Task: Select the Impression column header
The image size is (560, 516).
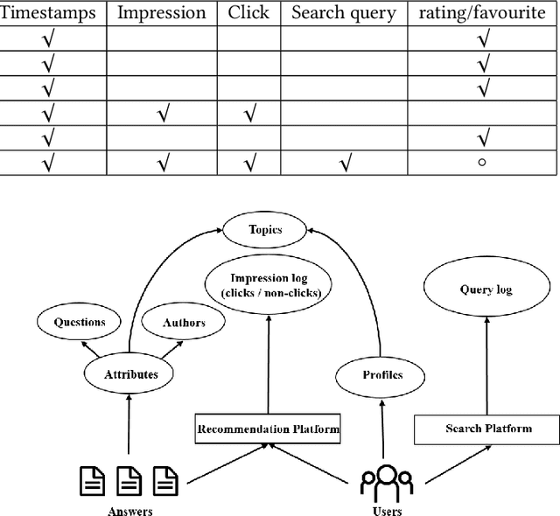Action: click(x=161, y=13)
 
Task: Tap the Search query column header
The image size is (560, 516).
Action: click(x=344, y=13)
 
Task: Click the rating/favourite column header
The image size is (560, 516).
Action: click(x=482, y=13)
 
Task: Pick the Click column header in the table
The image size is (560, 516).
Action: click(x=248, y=13)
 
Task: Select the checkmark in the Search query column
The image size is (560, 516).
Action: click(x=344, y=163)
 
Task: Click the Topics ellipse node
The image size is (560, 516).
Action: click(x=264, y=230)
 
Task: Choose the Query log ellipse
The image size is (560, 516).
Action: click(x=486, y=289)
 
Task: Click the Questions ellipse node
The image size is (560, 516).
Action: click(x=80, y=322)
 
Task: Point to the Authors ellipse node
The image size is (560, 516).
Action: click(x=184, y=322)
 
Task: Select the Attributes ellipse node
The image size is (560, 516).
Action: click(x=131, y=374)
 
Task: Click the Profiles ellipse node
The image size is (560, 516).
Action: click(x=381, y=374)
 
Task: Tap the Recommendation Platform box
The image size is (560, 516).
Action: click(x=267, y=429)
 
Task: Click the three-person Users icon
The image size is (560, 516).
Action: click(x=387, y=482)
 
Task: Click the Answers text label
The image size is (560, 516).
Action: click(x=130, y=509)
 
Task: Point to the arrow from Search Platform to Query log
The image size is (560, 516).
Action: click(x=486, y=367)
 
